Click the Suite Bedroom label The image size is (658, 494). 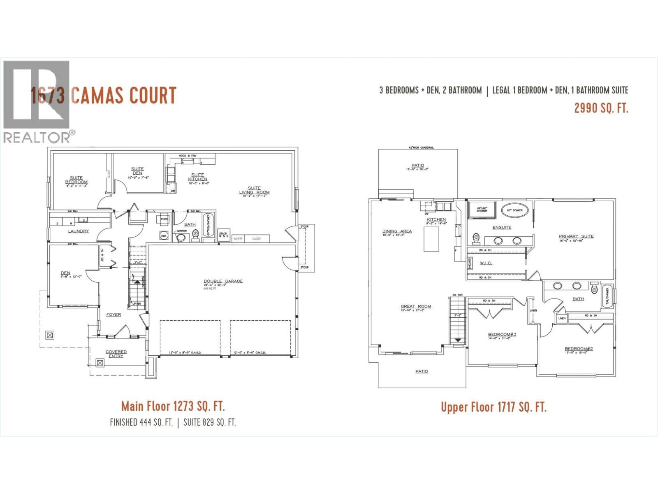76,180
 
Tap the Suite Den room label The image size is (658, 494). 137,171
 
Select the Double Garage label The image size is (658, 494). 223,281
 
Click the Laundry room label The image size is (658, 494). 78,231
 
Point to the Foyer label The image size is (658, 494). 114,315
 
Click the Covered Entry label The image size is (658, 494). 116,354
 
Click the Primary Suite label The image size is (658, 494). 576,236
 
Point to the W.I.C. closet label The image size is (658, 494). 486,263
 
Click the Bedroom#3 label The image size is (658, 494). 502,334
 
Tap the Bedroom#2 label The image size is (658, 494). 579,349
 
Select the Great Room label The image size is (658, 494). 416,306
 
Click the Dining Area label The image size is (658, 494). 397,231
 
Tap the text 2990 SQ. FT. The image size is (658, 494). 601,108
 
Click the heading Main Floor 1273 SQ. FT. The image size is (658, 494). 173,406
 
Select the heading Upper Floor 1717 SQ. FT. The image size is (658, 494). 493,407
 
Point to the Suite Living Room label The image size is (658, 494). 254,190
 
